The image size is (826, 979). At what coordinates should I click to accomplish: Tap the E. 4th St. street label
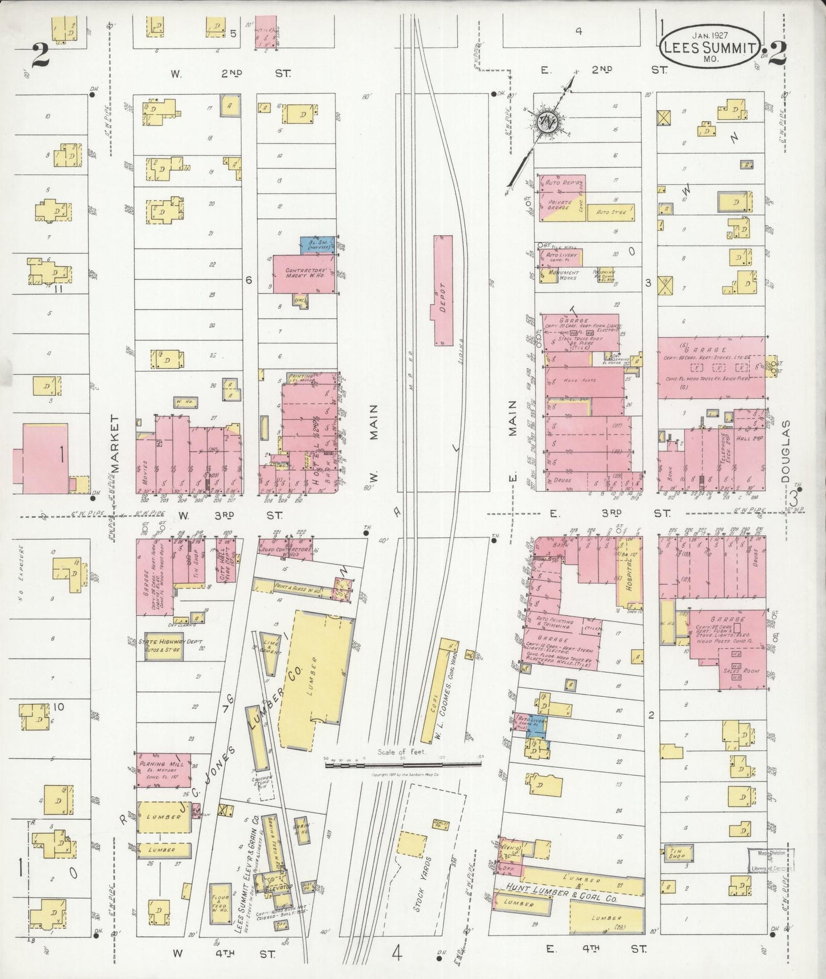[595, 949]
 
